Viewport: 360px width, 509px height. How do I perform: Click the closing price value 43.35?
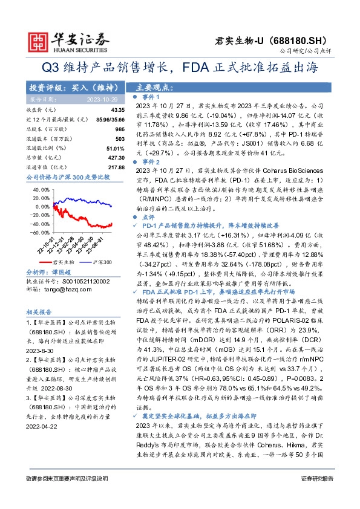(x=117, y=109)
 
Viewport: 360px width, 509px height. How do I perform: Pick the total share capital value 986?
(x=119, y=130)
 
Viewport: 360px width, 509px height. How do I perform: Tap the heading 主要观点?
(x=152, y=87)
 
